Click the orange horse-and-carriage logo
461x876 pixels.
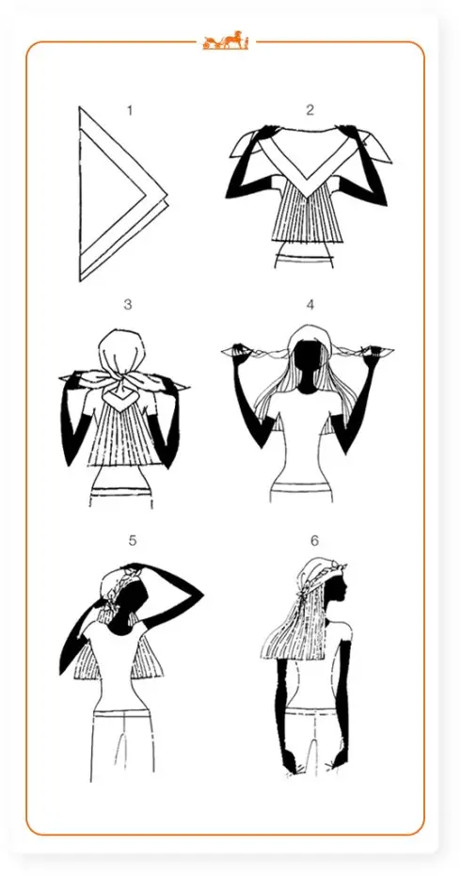pyautogui.click(x=226, y=40)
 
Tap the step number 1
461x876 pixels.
pyautogui.click(x=130, y=111)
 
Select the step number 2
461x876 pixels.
pyautogui.click(x=310, y=111)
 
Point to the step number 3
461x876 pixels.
pyautogui.click(x=128, y=305)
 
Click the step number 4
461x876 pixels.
pyautogui.click(x=310, y=305)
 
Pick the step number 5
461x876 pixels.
pyautogui.click(x=133, y=541)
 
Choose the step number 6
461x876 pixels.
pyautogui.click(x=314, y=541)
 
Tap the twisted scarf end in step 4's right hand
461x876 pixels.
pyautogui.click(x=360, y=352)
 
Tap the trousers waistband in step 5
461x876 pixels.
pyautogui.click(x=121, y=713)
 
